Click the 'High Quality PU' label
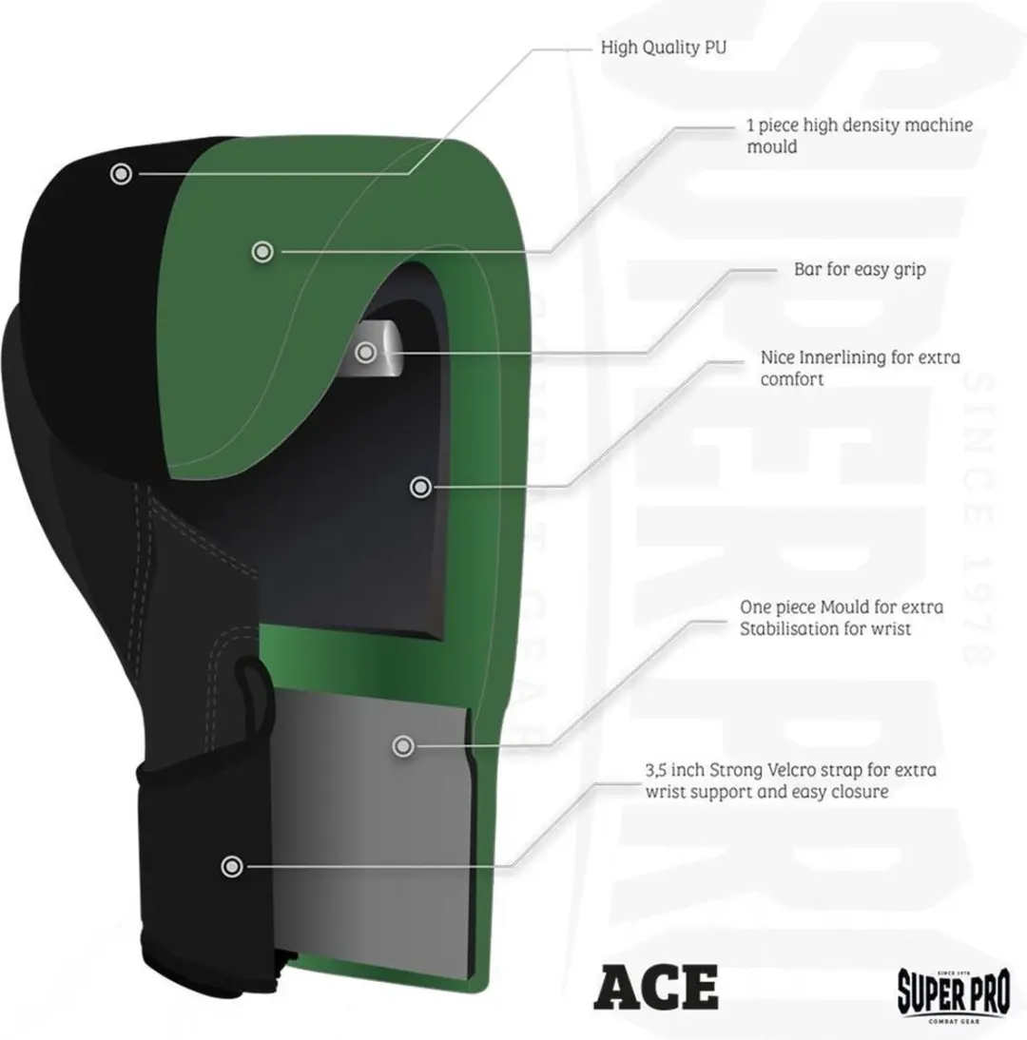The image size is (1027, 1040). (664, 48)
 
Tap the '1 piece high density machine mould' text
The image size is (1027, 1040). (860, 135)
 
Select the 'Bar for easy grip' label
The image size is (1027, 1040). (860, 269)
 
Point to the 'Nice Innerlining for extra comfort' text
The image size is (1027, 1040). (860, 368)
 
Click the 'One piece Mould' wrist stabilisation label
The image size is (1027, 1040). (842, 618)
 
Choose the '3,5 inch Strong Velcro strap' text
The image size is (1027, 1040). (791, 780)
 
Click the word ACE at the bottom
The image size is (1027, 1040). (655, 988)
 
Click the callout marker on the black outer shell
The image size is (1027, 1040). (121, 174)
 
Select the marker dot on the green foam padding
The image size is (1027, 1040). (262, 251)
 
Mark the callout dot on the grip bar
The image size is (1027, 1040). (365, 353)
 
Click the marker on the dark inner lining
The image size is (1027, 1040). (420, 488)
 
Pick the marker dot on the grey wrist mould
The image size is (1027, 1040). (402, 746)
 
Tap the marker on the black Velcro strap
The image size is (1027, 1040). (231, 866)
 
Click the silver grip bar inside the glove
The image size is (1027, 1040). (379, 349)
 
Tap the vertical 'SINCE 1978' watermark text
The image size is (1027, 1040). (978, 517)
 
